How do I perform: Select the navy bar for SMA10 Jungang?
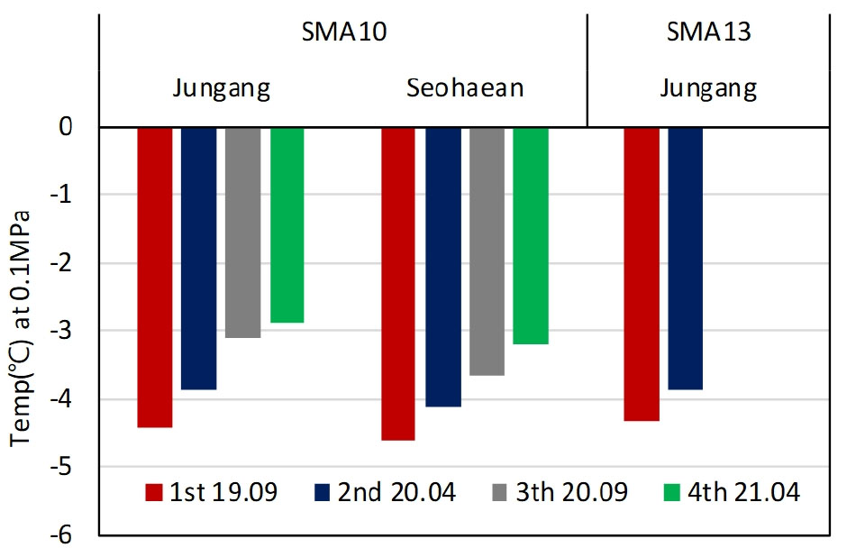pyautogui.click(x=199, y=258)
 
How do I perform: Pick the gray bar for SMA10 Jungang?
pyautogui.click(x=243, y=233)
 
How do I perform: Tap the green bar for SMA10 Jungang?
pyautogui.click(x=287, y=224)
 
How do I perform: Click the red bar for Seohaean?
pyautogui.click(x=398, y=283)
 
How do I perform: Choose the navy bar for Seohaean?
pyautogui.click(x=443, y=267)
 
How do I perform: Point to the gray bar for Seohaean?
pyautogui.click(x=487, y=251)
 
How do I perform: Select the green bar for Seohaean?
pyautogui.click(x=531, y=235)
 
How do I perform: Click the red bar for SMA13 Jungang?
pyautogui.click(x=642, y=274)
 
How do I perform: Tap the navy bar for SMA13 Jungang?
pyautogui.click(x=686, y=258)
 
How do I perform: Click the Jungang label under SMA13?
pyautogui.click(x=708, y=89)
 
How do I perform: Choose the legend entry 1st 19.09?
pyautogui.click(x=211, y=492)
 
